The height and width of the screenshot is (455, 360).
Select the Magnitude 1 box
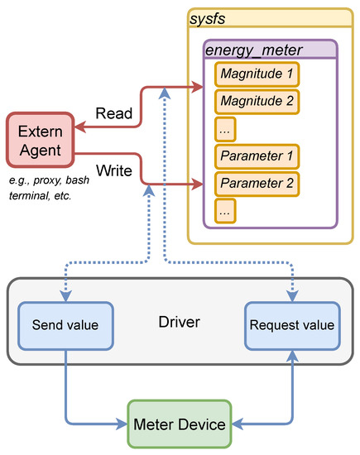[256, 74]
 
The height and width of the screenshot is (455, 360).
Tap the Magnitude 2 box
[256, 102]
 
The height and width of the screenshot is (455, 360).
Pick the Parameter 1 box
[256, 157]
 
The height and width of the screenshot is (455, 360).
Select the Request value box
[290, 324]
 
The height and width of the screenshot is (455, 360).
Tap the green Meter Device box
[179, 424]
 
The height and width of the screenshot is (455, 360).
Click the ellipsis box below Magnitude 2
[226, 129]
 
